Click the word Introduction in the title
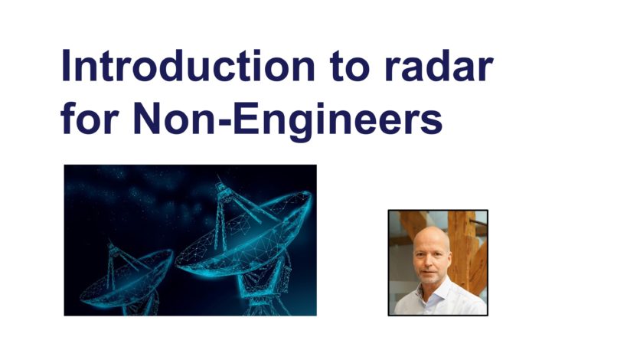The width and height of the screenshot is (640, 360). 188,65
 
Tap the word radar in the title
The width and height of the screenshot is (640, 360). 439,65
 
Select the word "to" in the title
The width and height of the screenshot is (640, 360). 350,67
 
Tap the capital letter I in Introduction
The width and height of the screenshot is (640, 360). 65,66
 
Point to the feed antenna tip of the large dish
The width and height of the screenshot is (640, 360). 220,178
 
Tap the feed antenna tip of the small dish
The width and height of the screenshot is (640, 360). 109,241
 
